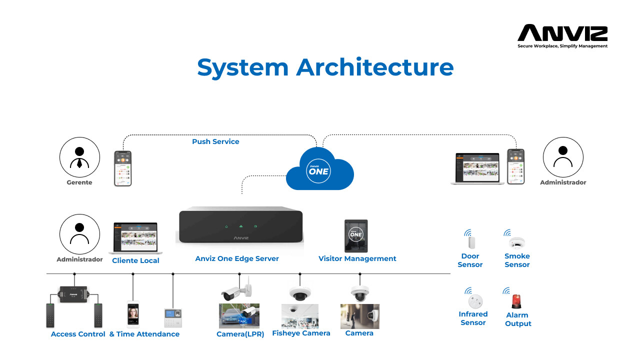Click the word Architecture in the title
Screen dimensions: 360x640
coord(374,67)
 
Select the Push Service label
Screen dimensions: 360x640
coord(215,141)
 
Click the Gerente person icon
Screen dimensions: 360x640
coord(79,157)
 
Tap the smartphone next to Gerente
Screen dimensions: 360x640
coord(122,168)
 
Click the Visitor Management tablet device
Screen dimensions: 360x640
coord(356,235)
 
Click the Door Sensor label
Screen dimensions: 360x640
coord(470,260)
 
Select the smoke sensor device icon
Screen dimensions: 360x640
coord(516,243)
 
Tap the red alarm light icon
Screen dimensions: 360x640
coord(516,301)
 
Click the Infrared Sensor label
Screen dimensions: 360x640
coord(473,318)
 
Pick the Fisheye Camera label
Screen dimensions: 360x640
coord(301,333)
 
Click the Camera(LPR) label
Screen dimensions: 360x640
coord(238,333)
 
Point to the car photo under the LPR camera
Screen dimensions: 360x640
coord(239,316)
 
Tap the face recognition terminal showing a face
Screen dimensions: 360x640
coord(133,313)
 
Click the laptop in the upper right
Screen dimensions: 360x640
coord(477,169)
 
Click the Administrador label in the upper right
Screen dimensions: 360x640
coord(563,182)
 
